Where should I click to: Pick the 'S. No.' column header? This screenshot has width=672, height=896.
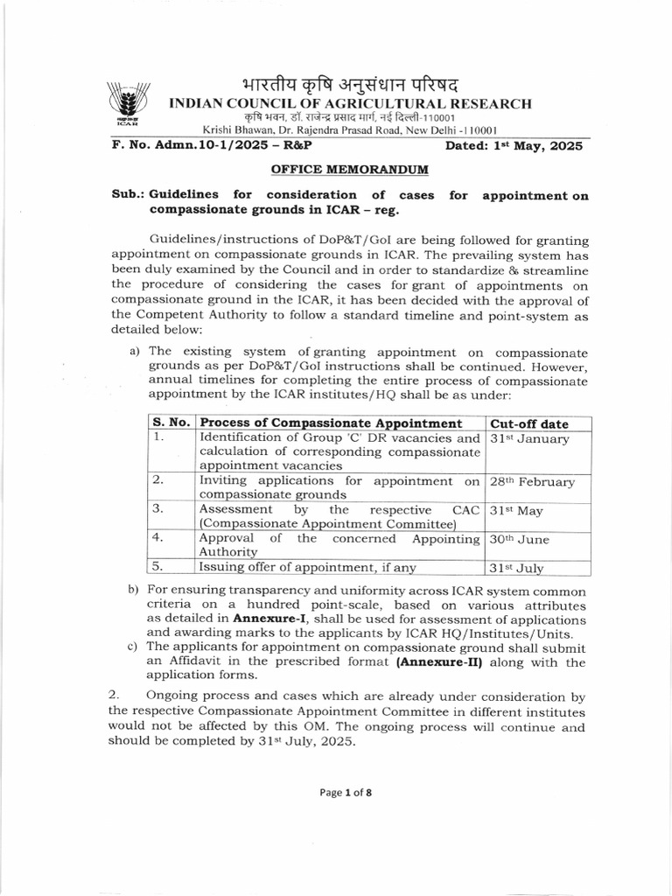pos(170,423)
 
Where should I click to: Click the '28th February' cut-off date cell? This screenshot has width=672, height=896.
pos(532,482)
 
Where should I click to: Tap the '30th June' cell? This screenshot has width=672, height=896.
pos(521,540)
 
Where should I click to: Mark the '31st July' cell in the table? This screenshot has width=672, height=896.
pos(517,568)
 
